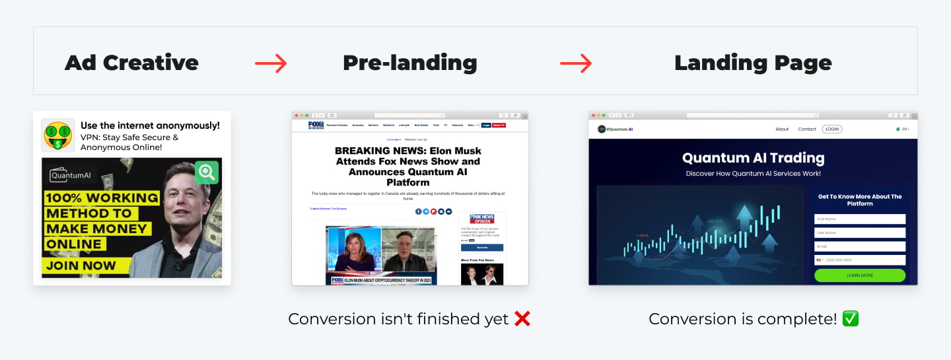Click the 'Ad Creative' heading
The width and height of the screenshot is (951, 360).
[131, 63]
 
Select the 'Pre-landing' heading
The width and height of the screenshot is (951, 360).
[409, 63]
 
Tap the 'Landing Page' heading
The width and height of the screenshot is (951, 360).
[753, 63]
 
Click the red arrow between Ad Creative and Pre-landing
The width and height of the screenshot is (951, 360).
[271, 63]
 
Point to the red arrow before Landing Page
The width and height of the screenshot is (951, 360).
[576, 63]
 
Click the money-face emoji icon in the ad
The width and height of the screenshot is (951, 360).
[58, 135]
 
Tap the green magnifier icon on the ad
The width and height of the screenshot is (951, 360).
[207, 172]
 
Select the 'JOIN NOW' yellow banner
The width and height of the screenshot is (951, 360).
[81, 266]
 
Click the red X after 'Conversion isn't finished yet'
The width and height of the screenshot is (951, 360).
[522, 319]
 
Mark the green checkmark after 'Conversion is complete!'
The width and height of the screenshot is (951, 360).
[851, 319]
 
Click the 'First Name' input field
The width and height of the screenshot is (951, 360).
[860, 219]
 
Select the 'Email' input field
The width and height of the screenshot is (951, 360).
[860, 246]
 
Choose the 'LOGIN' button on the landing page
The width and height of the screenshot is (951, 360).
[832, 129]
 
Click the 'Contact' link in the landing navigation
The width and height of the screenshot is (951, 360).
[807, 129]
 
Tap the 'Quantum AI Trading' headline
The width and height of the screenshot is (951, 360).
[753, 158]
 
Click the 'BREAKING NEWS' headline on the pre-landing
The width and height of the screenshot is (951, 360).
[407, 166]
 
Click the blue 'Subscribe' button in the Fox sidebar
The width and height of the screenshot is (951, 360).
[482, 248]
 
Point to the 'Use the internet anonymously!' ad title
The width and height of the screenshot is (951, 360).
[150, 126]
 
